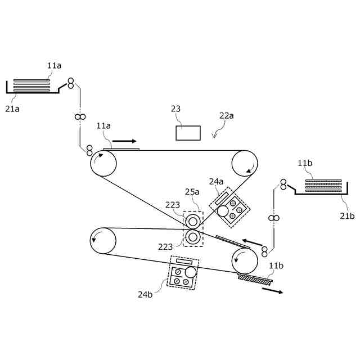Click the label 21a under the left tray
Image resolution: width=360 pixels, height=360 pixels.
12,109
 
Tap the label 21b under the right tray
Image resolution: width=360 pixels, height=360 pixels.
347,215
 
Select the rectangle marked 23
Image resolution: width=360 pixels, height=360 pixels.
188,133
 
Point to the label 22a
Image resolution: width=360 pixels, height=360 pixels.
227,116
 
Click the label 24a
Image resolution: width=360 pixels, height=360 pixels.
217,182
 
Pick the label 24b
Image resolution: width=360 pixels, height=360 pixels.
145,294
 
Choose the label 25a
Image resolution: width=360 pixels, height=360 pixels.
193,192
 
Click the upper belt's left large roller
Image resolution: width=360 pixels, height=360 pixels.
103,164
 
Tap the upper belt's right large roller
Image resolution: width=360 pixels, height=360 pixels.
245,164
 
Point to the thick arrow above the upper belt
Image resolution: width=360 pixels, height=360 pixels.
124,141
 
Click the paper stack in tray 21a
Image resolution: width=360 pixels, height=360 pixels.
31,86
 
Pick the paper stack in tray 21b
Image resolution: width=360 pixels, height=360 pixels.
323,186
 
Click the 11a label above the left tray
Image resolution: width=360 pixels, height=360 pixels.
54,66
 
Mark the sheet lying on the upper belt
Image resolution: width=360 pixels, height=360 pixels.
121,149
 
